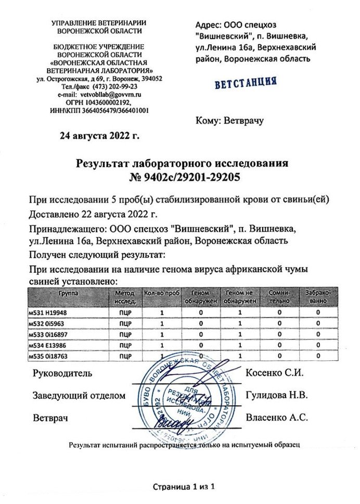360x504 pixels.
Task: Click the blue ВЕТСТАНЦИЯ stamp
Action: point(245,83)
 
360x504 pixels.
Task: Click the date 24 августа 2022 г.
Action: point(100,137)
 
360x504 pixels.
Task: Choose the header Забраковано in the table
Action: point(317,297)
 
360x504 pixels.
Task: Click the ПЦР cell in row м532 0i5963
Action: point(125,323)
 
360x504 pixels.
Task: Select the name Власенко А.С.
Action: point(277,417)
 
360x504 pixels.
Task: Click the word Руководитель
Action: point(62,373)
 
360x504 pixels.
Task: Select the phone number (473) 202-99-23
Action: point(111,87)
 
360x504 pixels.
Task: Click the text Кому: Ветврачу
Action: point(230,121)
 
